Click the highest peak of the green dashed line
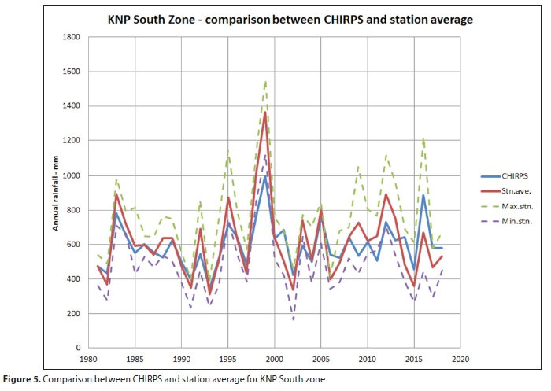(265, 81)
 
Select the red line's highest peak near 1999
(265, 112)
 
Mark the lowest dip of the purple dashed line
(293, 320)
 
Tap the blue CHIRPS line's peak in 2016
(423, 195)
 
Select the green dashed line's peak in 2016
(423, 138)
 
